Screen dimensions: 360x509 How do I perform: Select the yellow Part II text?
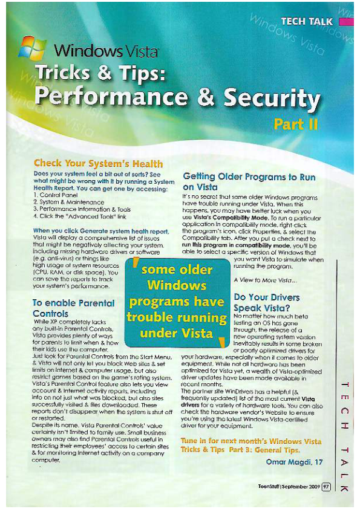296,125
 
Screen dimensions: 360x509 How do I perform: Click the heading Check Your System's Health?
98,163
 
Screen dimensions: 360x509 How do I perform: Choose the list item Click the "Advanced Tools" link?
79,215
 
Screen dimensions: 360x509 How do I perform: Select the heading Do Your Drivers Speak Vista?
267,302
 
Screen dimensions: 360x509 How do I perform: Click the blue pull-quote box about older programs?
176,301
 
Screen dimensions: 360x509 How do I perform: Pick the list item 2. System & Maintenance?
67,202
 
